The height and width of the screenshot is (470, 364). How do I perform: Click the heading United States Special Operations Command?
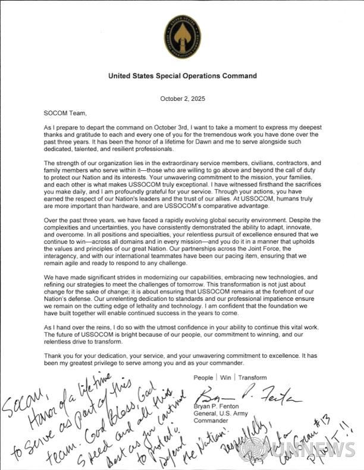[x=182, y=76]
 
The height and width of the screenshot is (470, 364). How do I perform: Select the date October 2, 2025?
[x=183, y=99]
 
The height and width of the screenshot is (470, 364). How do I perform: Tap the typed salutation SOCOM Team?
[x=65, y=113]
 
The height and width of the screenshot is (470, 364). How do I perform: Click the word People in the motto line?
[x=203, y=377]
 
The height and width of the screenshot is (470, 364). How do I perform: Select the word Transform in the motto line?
[x=250, y=377]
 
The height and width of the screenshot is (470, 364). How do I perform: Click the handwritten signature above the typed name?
[x=247, y=396]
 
